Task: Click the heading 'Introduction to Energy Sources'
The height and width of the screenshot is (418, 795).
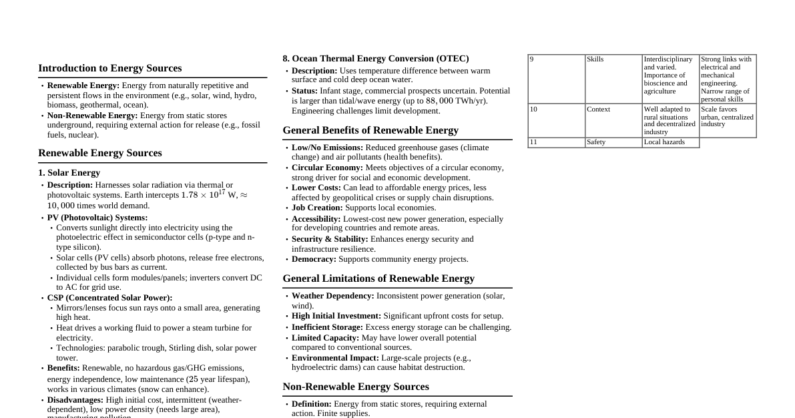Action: click(x=109, y=68)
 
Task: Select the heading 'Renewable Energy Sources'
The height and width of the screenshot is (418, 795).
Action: click(x=99, y=153)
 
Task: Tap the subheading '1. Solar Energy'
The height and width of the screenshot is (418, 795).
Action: click(x=69, y=173)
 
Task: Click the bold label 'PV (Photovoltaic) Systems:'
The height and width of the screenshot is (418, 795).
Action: click(x=97, y=218)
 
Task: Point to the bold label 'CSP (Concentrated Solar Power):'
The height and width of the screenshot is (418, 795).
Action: click(x=109, y=298)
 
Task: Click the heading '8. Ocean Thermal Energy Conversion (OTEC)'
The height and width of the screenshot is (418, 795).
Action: click(x=375, y=59)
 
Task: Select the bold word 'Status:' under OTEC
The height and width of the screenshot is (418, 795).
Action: click(x=304, y=91)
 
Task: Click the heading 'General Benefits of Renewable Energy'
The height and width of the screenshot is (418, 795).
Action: click(x=370, y=130)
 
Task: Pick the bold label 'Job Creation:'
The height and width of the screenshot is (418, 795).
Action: click(x=316, y=208)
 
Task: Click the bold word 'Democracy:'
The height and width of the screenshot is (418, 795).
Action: click(x=314, y=259)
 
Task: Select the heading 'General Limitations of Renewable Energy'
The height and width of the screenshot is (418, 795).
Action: click(x=378, y=278)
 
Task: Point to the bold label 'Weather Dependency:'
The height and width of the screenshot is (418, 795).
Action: click(x=332, y=296)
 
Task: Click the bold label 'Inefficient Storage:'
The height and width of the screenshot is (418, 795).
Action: click(x=327, y=327)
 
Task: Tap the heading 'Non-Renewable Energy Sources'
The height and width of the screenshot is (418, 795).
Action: click(x=355, y=387)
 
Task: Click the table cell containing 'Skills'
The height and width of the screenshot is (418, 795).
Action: click(x=613, y=79)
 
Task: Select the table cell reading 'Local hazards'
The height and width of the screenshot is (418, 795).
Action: click(x=670, y=142)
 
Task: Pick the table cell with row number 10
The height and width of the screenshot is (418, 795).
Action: click(x=556, y=120)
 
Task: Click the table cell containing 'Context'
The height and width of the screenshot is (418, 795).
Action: click(x=613, y=120)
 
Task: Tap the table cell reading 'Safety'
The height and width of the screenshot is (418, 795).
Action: click(x=613, y=142)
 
